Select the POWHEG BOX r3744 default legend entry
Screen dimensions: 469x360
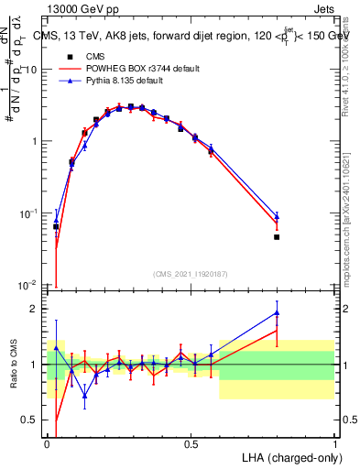click(137, 69)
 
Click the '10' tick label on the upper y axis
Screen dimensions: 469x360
click(30, 70)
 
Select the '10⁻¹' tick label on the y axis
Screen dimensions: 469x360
click(29, 213)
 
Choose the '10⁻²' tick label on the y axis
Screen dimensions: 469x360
click(29, 285)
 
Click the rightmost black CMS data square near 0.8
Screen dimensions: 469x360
click(277, 237)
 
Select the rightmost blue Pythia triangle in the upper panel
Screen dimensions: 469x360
click(277, 216)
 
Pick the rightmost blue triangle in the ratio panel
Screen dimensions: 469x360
click(277, 313)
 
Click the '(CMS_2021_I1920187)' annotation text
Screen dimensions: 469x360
click(191, 274)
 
